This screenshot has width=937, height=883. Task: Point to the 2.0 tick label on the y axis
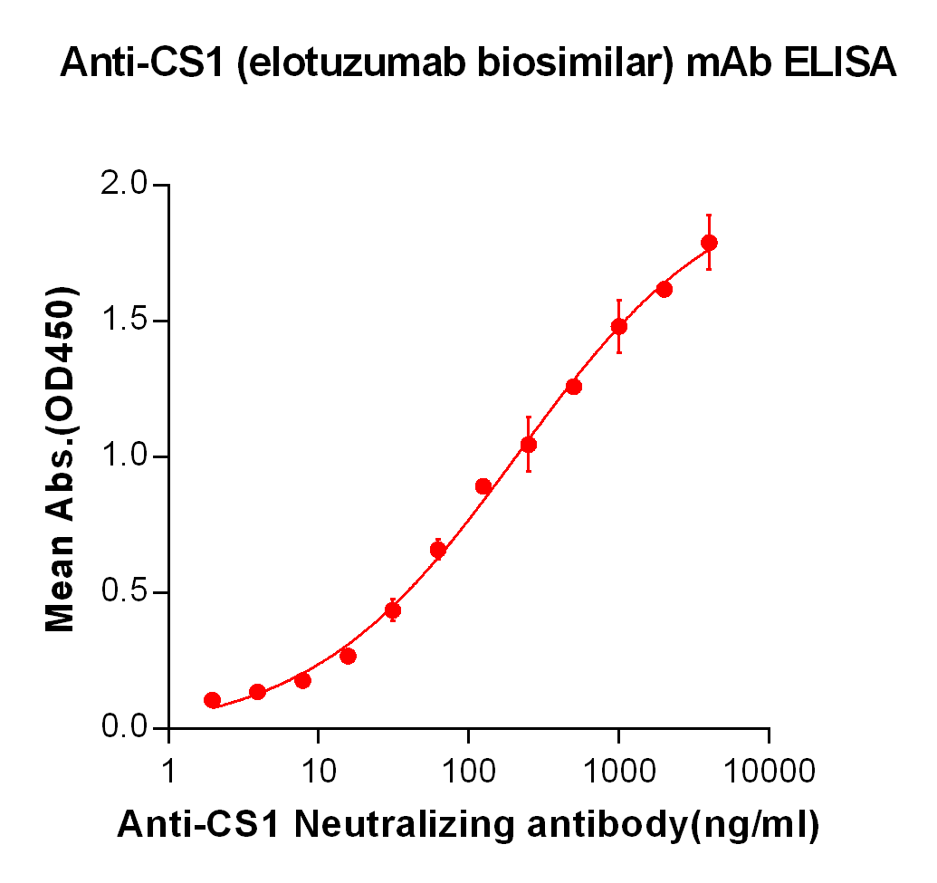[x=125, y=186]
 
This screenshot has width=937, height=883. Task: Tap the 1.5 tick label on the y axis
[x=125, y=322]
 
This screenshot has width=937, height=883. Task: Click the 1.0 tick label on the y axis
[x=125, y=457]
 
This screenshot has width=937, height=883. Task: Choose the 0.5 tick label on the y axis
[x=125, y=593]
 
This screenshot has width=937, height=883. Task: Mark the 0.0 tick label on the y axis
[x=125, y=728]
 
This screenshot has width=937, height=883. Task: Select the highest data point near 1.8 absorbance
[x=709, y=243]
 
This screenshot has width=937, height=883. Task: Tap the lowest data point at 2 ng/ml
[x=213, y=700]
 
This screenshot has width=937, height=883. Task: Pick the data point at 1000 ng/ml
[x=619, y=326]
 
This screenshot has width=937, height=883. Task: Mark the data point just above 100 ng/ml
[x=483, y=486]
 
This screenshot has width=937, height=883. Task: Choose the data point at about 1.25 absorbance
[x=573, y=387]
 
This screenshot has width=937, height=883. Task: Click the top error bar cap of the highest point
[x=709, y=216]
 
